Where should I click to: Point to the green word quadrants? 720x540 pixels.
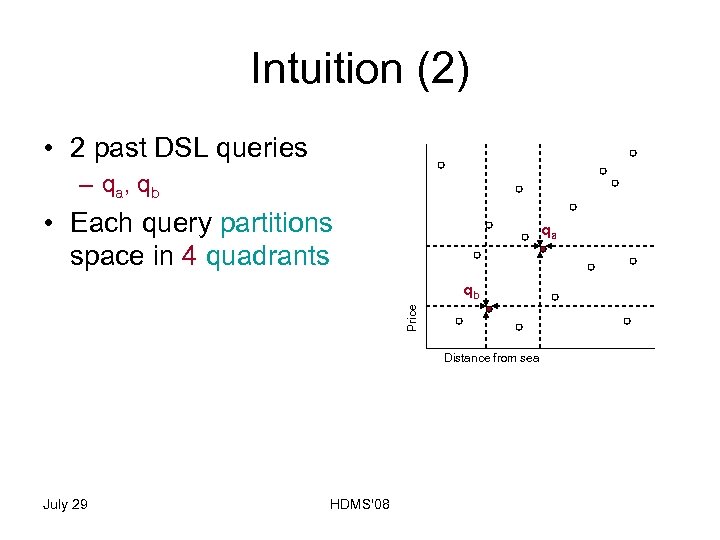click(x=267, y=256)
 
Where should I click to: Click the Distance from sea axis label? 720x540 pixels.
click(x=491, y=358)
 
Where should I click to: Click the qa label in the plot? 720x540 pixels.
click(x=548, y=232)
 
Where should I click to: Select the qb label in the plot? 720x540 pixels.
click(x=470, y=292)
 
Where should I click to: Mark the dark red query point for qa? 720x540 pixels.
click(x=542, y=248)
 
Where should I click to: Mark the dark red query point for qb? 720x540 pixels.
click(x=488, y=311)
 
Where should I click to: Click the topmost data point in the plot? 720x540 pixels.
click(x=633, y=153)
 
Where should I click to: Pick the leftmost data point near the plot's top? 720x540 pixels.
click(x=441, y=165)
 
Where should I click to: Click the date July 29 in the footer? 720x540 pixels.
click(x=65, y=504)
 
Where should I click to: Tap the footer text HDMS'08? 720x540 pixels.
click(x=359, y=504)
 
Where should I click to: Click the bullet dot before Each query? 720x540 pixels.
click(x=48, y=222)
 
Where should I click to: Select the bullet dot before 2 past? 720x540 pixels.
click(x=48, y=149)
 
